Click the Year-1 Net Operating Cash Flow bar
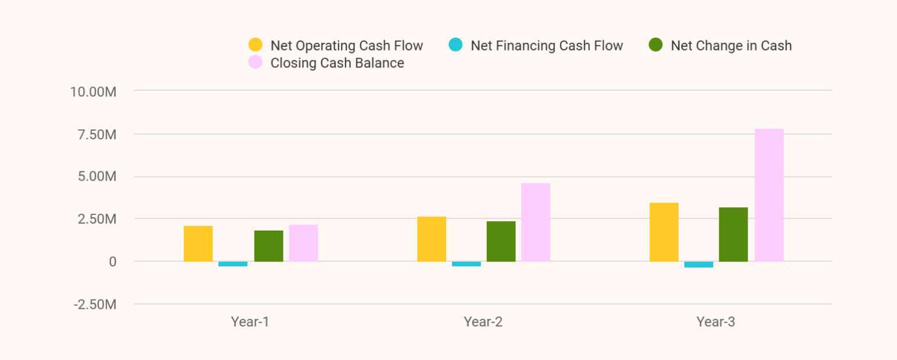(198, 244)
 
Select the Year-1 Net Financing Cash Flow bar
(233, 264)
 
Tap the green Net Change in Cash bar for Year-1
(268, 246)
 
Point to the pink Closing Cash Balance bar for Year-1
(303, 243)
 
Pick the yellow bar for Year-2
(432, 239)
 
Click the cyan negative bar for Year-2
(467, 264)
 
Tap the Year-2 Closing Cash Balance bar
(536, 222)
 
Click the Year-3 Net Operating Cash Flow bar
(664, 232)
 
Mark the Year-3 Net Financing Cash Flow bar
(699, 265)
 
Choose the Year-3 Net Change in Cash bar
(733, 235)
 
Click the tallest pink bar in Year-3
(769, 195)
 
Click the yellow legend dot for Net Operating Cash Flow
(255, 45)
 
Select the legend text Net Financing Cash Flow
(546, 46)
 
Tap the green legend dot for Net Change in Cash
(655, 45)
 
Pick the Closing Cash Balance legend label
(337, 63)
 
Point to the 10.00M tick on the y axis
(93, 92)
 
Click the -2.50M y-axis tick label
(94, 305)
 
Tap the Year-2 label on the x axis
(483, 322)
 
